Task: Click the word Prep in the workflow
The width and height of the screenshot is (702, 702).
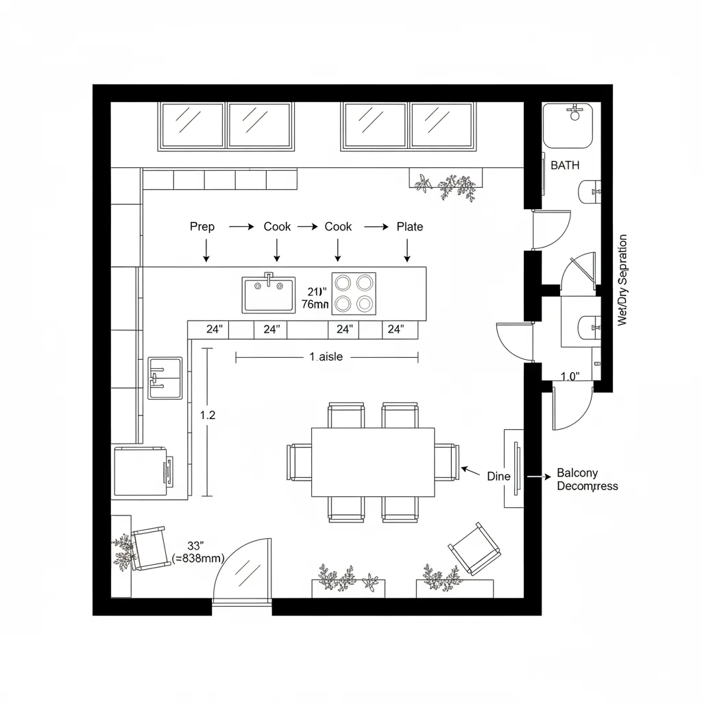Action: pyautogui.click(x=202, y=227)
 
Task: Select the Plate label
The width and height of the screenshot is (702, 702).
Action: pyautogui.click(x=410, y=227)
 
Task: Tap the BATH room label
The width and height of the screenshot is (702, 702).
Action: pyautogui.click(x=565, y=165)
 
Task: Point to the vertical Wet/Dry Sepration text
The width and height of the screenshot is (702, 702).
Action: pyautogui.click(x=622, y=280)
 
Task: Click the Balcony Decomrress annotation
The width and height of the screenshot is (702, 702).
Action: pyautogui.click(x=587, y=479)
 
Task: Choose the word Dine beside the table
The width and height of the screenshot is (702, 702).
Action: pyautogui.click(x=498, y=476)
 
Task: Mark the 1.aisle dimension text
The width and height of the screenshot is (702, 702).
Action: pyautogui.click(x=326, y=356)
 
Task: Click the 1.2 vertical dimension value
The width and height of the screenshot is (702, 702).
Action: pyautogui.click(x=207, y=415)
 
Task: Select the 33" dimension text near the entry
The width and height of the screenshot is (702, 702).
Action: pyautogui.click(x=196, y=546)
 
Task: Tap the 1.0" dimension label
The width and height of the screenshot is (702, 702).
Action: pyautogui.click(x=570, y=376)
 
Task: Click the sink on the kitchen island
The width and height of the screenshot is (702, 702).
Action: pyautogui.click(x=269, y=294)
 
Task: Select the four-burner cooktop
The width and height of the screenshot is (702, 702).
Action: pyautogui.click(x=354, y=293)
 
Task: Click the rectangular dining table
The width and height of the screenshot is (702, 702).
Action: pyautogui.click(x=373, y=461)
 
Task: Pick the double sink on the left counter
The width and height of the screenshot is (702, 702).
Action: pyautogui.click(x=165, y=378)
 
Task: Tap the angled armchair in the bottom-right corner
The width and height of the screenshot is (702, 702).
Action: pyautogui.click(x=474, y=548)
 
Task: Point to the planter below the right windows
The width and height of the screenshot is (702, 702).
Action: pyautogui.click(x=447, y=181)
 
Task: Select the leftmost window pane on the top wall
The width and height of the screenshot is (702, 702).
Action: pyautogui.click(x=192, y=125)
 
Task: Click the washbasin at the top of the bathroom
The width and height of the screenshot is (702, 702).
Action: pyautogui.click(x=569, y=125)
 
